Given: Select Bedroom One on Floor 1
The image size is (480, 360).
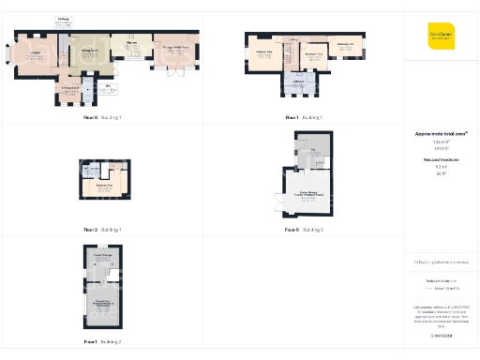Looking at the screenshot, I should point(263,59).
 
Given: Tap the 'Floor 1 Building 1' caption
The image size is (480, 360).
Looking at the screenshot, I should point(304,117).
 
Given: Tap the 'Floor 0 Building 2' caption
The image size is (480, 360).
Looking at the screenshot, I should point(304,229).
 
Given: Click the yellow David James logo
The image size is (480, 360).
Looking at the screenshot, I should point(441,34).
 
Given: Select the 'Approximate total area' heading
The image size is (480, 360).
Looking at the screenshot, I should point(441,134).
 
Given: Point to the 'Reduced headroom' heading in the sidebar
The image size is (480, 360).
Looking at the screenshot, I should point(441,160).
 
